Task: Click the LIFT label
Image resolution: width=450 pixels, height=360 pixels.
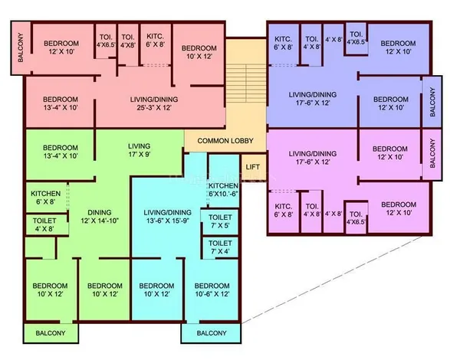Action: (252, 167)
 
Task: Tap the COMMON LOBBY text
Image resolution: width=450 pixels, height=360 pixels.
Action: (225, 141)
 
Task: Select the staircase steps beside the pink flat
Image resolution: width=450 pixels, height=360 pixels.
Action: (246, 83)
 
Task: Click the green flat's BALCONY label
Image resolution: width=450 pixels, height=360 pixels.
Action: (51, 333)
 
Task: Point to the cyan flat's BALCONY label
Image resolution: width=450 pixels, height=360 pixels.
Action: (212, 333)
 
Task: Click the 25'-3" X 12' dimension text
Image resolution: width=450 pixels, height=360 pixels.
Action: (154, 107)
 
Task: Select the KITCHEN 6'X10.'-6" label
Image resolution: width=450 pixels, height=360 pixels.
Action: (223, 190)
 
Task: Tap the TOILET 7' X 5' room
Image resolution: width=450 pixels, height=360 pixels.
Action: (220, 221)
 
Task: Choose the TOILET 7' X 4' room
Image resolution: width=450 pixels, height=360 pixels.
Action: (221, 247)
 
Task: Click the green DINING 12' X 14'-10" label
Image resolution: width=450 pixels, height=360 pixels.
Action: (100, 217)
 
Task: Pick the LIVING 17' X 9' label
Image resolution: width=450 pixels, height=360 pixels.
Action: (140, 150)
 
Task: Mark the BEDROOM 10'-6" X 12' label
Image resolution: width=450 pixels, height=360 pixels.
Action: (212, 290)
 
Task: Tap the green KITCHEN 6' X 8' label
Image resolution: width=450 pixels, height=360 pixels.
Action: (46, 198)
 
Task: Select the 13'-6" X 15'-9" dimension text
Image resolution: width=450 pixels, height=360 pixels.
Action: (167, 221)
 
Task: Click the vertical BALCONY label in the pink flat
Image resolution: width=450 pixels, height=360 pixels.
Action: (21, 47)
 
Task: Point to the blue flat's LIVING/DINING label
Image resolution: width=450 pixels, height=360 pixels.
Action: (313, 99)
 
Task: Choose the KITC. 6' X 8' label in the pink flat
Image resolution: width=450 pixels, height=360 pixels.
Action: (155, 41)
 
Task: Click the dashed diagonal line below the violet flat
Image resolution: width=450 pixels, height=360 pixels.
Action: (332, 280)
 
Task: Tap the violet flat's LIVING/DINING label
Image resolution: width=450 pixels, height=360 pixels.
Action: (313, 158)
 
